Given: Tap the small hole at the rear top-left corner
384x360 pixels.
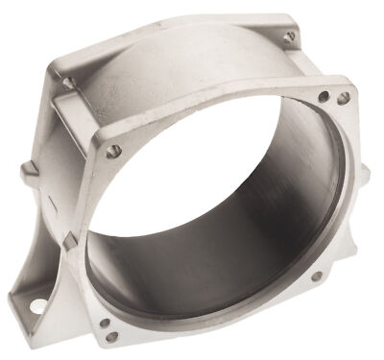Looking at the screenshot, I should [68, 84].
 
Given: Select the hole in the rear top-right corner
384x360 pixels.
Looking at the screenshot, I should [289, 36].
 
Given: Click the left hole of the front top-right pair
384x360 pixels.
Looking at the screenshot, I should [324, 96].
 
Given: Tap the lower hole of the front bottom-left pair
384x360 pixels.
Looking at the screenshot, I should [111, 337].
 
